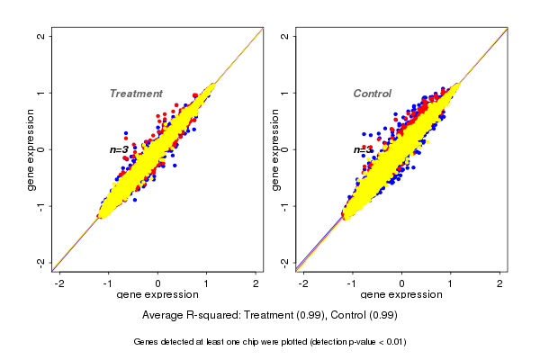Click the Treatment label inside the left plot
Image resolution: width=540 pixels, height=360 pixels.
coord(136,94)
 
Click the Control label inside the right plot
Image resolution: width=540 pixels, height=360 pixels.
coord(372,94)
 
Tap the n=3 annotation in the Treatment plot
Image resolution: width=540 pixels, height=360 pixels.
coord(119,149)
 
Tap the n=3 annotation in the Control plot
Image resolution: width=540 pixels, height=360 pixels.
coord(363,149)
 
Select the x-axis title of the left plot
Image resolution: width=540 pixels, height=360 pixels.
coord(157,295)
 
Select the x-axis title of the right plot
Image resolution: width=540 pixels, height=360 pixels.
coord(401,295)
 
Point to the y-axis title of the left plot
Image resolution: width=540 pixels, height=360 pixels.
coord(31,149)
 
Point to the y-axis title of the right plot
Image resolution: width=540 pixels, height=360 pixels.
coord(275,149)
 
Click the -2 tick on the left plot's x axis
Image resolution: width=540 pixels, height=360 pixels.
coord(59,283)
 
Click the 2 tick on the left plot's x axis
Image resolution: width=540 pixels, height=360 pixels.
coord(256,283)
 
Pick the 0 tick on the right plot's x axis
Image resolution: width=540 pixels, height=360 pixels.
coord(402,283)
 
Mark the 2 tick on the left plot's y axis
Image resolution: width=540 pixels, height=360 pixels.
coord(40,36)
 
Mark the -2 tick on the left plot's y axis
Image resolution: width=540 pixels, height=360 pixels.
coord(40,262)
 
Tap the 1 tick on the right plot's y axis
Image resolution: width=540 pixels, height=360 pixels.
coord(284,93)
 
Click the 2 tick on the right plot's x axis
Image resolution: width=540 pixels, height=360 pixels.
coord(500,283)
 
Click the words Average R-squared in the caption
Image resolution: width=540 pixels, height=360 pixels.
coord(184,316)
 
